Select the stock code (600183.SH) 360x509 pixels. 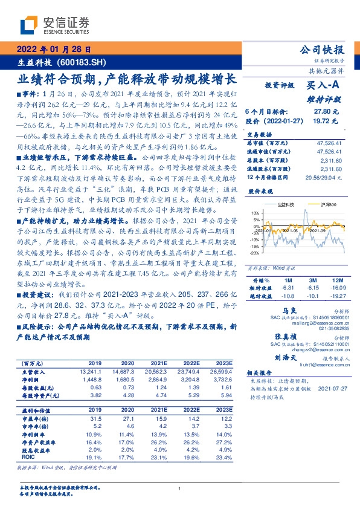point(84,62)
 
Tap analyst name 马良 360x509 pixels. point(278,309)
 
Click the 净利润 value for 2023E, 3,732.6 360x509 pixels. point(215,378)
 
